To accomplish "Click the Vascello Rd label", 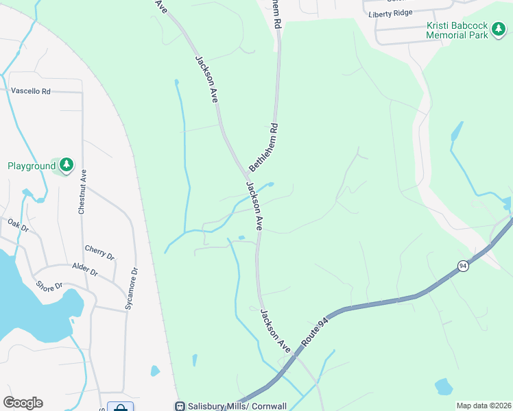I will [x=31, y=91].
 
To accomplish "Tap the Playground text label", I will [x=31, y=166].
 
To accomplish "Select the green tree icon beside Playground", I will [x=66, y=165].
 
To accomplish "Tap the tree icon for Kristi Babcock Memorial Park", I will [x=499, y=30].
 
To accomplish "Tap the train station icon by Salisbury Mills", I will [x=180, y=406].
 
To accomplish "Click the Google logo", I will [x=23, y=403].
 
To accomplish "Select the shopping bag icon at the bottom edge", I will [x=121, y=406].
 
